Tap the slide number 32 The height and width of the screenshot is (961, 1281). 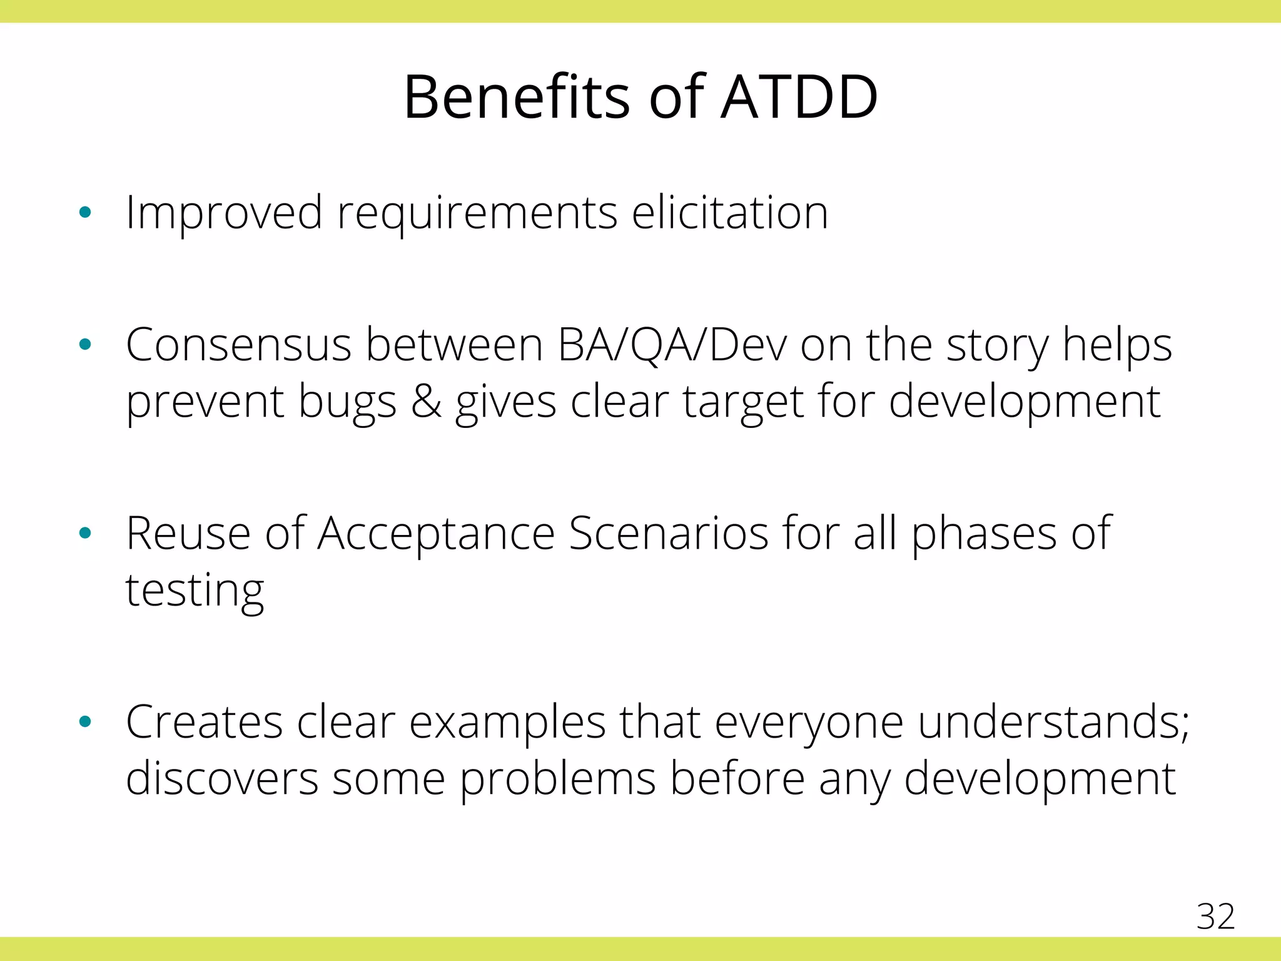point(1215,917)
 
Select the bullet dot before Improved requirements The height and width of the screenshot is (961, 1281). point(86,213)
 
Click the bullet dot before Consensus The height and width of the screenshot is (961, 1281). point(86,344)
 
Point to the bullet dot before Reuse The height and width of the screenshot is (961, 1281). point(86,533)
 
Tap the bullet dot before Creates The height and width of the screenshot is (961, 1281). point(86,722)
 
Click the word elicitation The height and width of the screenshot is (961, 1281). point(729,213)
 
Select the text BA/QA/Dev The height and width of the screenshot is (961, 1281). point(672,345)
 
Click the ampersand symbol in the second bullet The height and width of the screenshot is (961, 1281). point(426,402)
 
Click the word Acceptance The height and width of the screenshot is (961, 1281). point(436,534)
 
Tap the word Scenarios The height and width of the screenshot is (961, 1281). point(669,533)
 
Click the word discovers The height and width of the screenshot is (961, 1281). point(221,779)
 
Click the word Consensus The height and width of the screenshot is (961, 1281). point(238,345)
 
